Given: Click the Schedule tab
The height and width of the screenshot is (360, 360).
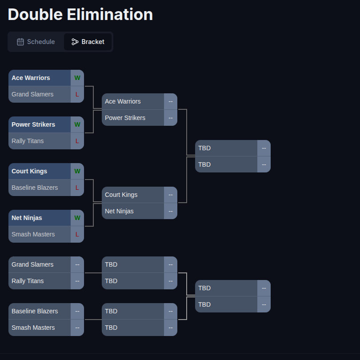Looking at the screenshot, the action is (36, 42).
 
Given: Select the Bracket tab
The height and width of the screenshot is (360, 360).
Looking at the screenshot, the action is (88, 42).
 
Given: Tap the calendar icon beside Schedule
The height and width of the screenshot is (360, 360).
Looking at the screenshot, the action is (20, 42).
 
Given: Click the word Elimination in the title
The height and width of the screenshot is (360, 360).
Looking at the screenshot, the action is (110, 15).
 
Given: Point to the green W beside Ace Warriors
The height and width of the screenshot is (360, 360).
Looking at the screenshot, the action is (77, 78).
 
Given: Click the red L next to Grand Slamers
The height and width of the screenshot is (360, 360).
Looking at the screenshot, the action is (77, 94).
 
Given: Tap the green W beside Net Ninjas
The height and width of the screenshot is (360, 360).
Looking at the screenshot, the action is (77, 218).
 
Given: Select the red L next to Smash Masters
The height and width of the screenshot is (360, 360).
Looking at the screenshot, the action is (77, 234).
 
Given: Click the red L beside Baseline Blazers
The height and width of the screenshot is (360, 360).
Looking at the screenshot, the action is (77, 188).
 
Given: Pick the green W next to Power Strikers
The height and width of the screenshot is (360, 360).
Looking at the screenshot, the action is (77, 124).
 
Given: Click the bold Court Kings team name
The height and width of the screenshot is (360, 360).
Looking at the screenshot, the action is (29, 171).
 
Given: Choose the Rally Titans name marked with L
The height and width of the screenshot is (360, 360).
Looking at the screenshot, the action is (28, 141).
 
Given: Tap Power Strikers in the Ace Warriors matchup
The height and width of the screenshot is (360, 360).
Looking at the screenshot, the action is (125, 118).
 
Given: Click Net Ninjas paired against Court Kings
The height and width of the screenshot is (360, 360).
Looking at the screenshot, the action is (119, 211).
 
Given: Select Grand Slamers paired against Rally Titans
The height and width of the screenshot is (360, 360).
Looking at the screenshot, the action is (32, 264).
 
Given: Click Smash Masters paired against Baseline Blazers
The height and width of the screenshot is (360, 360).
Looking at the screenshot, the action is (33, 328).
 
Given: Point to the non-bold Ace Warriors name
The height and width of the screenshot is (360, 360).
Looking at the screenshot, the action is (123, 101).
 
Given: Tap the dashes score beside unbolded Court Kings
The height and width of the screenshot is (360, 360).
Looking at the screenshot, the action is (171, 195).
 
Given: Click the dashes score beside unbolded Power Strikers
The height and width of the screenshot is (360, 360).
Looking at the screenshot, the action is (171, 118).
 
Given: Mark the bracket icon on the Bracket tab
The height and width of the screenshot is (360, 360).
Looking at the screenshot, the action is (75, 42).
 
